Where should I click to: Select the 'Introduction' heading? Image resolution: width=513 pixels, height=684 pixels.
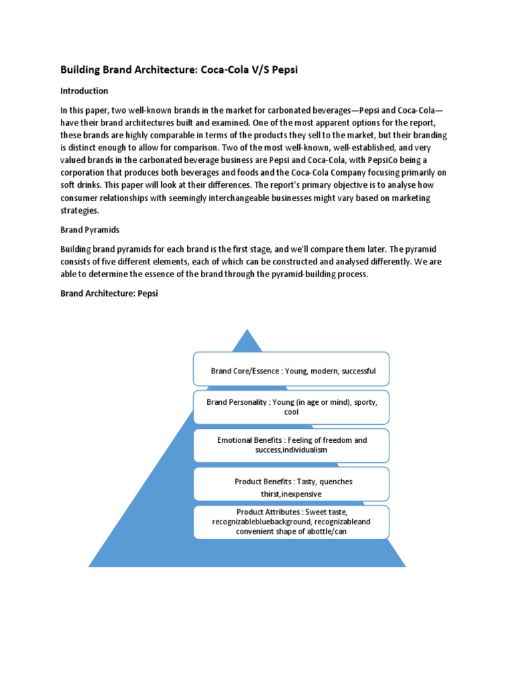click(x=84, y=90)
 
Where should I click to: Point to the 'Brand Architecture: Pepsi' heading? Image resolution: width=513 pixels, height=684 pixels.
click(x=110, y=293)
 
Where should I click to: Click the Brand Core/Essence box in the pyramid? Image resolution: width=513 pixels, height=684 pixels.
click(x=291, y=369)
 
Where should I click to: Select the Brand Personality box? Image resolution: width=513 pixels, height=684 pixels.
click(x=291, y=407)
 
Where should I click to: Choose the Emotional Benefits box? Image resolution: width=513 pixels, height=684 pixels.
click(x=291, y=446)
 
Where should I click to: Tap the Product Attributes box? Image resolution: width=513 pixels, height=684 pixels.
click(x=291, y=522)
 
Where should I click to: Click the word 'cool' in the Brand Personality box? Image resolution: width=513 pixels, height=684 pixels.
click(x=291, y=412)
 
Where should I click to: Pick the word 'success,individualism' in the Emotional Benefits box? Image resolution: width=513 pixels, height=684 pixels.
click(x=291, y=450)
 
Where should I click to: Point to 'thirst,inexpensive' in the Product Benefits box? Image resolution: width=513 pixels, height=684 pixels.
click(x=291, y=494)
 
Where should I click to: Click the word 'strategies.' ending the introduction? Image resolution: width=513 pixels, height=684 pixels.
click(x=79, y=210)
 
